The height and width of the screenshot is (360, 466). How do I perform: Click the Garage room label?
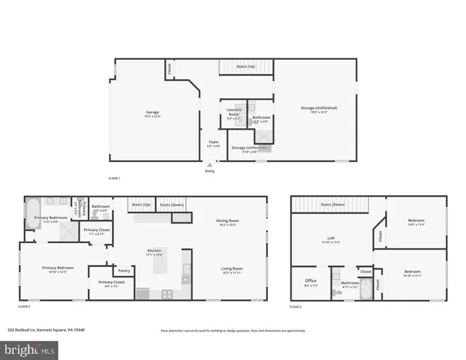point(152,112)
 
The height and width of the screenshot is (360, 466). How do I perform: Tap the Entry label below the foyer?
point(209,171)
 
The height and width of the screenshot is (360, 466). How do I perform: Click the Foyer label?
point(214,141)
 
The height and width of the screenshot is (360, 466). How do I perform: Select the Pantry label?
point(124,271)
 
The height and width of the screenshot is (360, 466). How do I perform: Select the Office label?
point(310,282)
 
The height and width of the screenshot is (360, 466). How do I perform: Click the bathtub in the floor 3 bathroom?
point(363,293)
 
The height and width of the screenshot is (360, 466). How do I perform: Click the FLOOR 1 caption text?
point(114,178)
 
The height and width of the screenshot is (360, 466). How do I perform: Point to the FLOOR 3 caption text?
point(296,307)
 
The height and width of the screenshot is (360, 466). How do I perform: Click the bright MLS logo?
point(30,349)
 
